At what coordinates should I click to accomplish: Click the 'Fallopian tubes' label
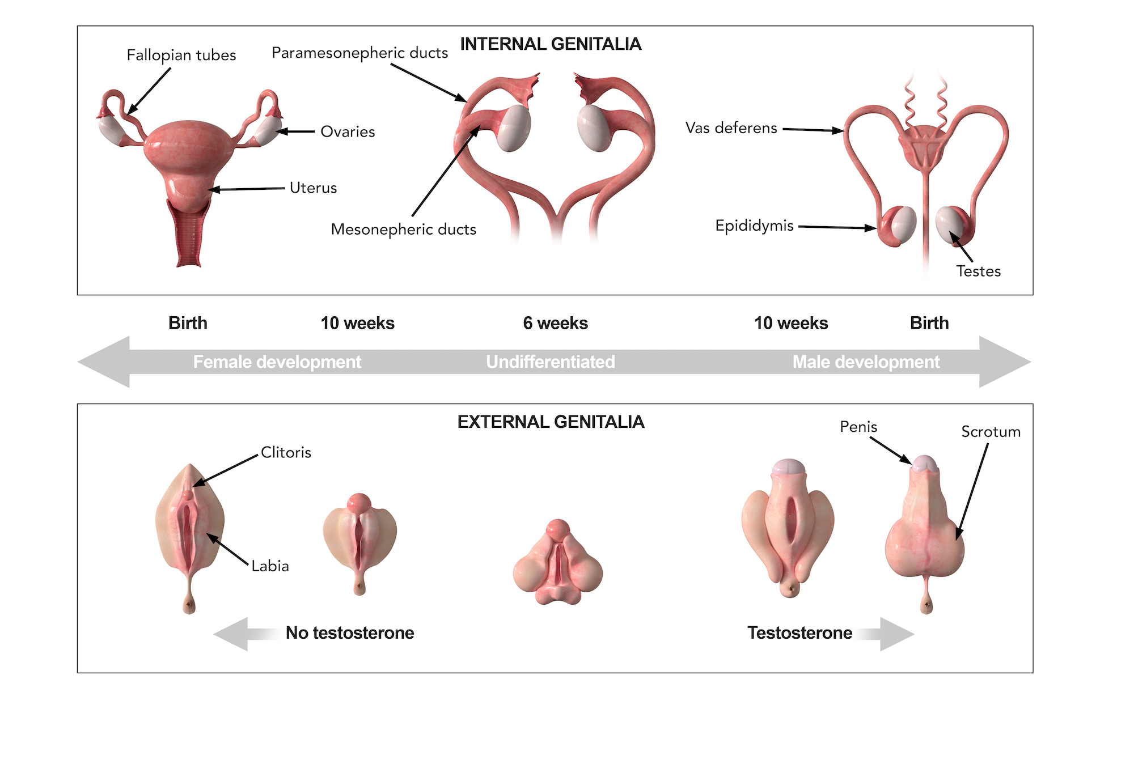181,55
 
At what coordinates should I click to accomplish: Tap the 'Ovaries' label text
348,131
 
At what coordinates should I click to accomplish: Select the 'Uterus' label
313,188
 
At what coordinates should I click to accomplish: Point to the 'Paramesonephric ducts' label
359,53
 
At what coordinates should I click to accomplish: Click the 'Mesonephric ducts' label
403,230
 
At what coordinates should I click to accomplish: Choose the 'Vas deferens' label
731,128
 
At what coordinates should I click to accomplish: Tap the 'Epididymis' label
754,226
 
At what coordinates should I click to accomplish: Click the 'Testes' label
978,271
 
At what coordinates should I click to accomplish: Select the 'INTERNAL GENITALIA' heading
551,44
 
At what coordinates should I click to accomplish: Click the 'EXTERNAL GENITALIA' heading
551,422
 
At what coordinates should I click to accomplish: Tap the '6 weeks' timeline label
555,323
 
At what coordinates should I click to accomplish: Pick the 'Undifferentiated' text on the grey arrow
550,362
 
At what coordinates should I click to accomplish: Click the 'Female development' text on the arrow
277,362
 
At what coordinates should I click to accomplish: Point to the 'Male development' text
866,362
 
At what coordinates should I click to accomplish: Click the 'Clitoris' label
286,452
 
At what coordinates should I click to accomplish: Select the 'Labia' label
270,566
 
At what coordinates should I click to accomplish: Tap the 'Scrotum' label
991,432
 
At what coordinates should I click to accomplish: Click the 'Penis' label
858,427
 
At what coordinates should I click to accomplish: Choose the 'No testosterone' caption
350,632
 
